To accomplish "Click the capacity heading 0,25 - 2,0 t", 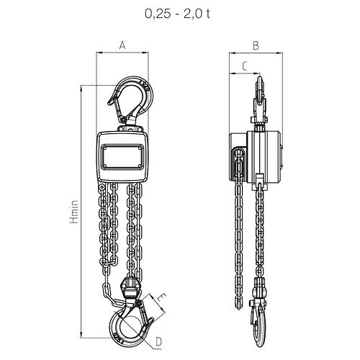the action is coord(178,14).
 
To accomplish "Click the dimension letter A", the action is coord(122,45).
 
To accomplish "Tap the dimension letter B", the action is coord(256,45).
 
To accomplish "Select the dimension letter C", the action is coord(245,66).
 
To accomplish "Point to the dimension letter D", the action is coord(159,342).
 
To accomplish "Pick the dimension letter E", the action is coord(161,298).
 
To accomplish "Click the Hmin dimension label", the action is coord(74,212).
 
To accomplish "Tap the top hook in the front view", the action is coord(131,99).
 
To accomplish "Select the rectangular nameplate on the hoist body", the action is coord(122,157).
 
